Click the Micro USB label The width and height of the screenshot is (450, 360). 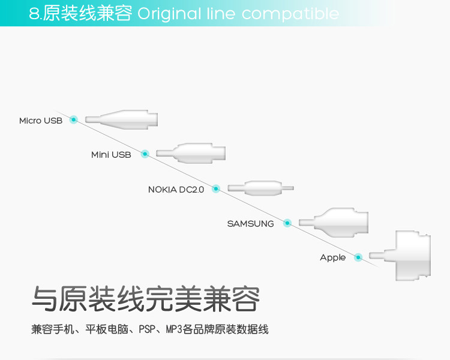coord(40,121)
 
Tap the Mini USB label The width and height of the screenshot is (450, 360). coord(111,155)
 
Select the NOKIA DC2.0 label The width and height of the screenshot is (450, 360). coord(176,190)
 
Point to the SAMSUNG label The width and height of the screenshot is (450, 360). coord(250,224)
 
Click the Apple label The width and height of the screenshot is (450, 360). coord(332,257)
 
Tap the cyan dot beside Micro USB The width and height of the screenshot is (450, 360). coord(74,119)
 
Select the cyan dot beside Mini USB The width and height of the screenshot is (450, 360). coord(145,154)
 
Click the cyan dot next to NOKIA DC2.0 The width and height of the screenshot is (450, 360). coord(216,188)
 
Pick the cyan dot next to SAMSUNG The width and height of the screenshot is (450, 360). coord(287,223)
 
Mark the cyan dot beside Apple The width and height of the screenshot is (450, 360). coord(358,257)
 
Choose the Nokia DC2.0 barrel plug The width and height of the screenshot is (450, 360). coord(260,188)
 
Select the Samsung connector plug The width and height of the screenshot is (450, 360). coord(333,222)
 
